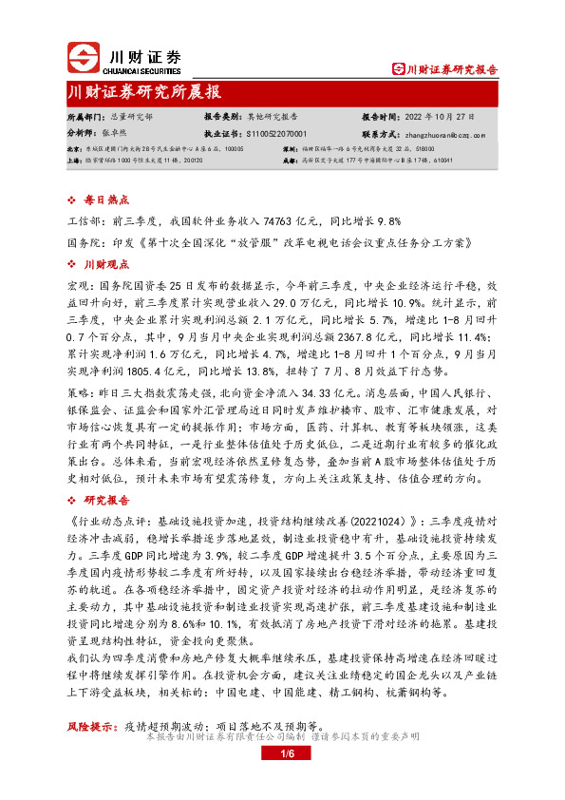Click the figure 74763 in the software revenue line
(252, 219)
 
